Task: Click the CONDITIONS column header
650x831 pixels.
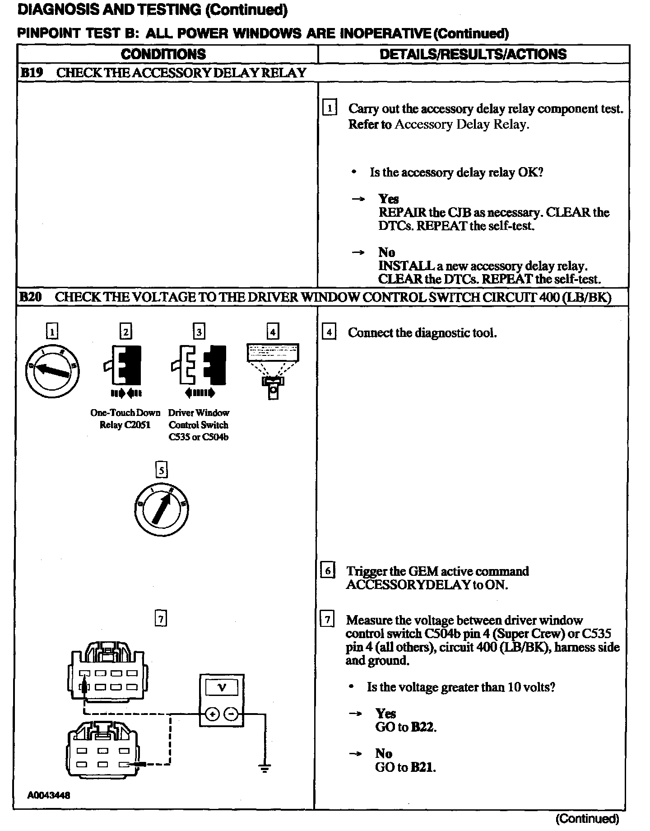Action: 163,54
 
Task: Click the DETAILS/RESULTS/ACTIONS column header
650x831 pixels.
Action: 473,54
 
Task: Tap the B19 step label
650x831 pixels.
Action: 31,73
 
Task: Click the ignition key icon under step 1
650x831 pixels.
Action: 53,370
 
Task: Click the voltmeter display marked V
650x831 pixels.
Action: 222,687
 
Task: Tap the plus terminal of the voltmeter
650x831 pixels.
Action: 212,714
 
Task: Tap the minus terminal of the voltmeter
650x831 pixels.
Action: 231,714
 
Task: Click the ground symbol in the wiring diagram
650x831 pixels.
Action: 265,768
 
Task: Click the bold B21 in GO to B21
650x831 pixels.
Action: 423,767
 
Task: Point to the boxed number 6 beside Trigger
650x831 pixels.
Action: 327,571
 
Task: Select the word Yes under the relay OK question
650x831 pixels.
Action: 388,199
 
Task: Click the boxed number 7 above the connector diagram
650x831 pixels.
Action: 161,618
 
